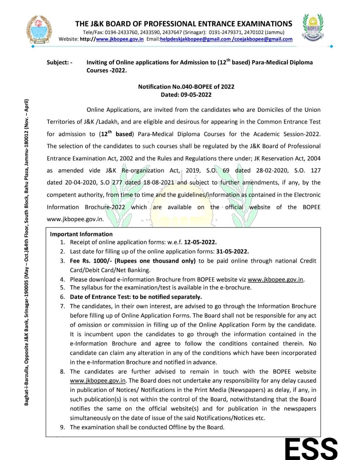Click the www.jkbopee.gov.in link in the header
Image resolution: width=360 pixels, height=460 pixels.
pyautogui.click(x=120, y=39)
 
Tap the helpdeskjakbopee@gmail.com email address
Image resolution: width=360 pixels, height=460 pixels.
pyautogui.click(x=195, y=39)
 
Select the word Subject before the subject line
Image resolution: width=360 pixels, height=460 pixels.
pyautogui.click(x=57, y=62)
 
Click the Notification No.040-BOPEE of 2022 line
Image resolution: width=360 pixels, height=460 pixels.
pyautogui.click(x=186, y=87)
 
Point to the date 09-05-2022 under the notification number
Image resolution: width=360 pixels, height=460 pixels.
pyautogui.click(x=196, y=94)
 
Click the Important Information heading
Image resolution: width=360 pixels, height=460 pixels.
pyautogui.click(x=81, y=234)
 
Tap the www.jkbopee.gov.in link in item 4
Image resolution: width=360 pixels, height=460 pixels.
pyautogui.click(x=276, y=280)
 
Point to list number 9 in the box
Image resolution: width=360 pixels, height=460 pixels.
pyautogui.click(x=63, y=427)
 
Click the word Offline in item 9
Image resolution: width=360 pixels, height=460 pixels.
pyautogui.click(x=179, y=427)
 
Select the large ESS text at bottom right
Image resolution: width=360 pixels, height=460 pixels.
pyautogui.click(x=311, y=448)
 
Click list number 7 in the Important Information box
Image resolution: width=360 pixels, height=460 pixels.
pyautogui.click(x=63, y=306)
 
